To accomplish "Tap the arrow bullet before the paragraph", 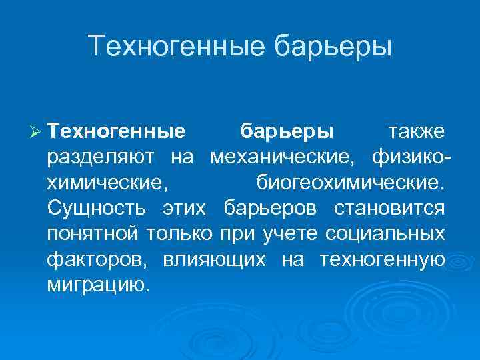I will (37, 132).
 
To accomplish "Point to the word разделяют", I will (102, 157).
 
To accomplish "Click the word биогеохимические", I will (349, 183).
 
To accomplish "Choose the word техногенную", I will (383, 259).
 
